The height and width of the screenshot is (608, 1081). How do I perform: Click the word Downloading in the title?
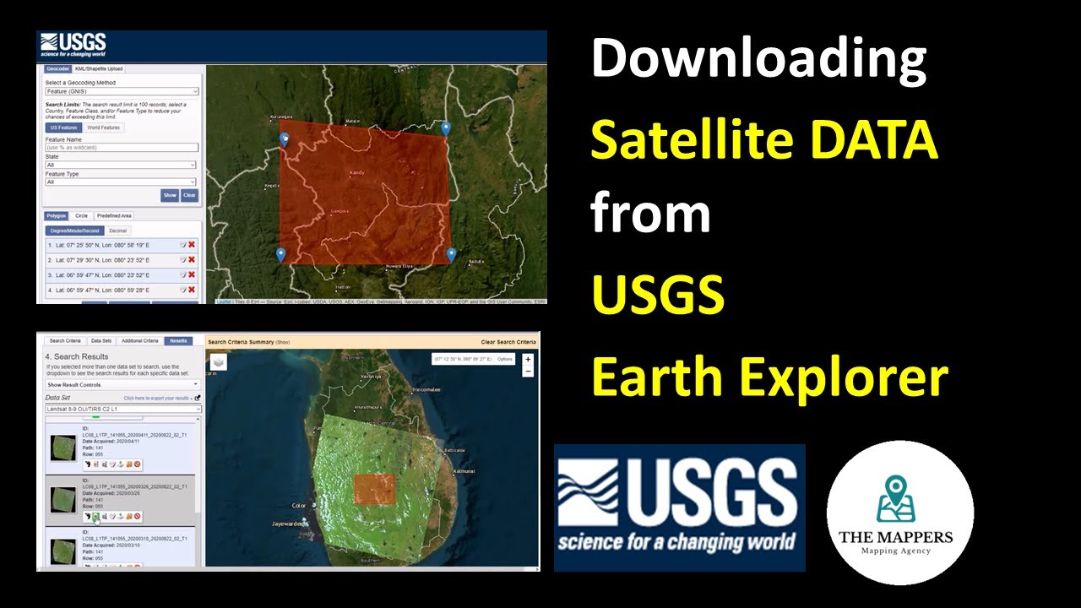[758, 61]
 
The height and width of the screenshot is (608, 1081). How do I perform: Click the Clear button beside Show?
[189, 195]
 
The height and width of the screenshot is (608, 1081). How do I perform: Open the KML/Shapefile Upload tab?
[99, 68]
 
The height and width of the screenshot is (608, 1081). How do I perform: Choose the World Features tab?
[104, 128]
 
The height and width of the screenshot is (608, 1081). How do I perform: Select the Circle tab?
[81, 215]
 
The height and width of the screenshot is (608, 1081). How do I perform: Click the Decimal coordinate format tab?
[118, 231]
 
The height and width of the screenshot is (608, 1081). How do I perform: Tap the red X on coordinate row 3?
[192, 274]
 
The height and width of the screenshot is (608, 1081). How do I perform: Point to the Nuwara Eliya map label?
[399, 267]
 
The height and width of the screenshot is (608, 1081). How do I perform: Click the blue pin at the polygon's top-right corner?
[446, 128]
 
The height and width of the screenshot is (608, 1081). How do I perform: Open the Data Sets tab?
[100, 341]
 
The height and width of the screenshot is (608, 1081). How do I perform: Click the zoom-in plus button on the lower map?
[528, 359]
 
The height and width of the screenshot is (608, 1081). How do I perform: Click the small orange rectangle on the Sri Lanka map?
[374, 489]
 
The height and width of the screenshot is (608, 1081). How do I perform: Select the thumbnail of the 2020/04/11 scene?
[62, 448]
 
